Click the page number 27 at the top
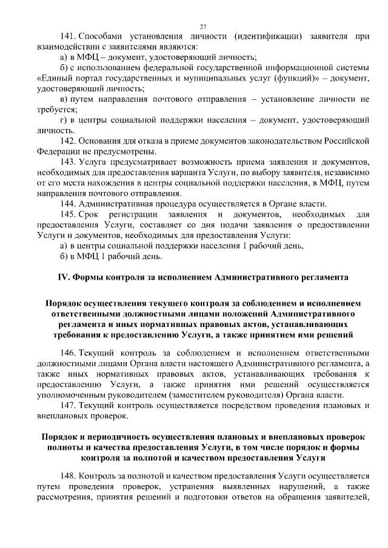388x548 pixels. pyautogui.click(x=203, y=25)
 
